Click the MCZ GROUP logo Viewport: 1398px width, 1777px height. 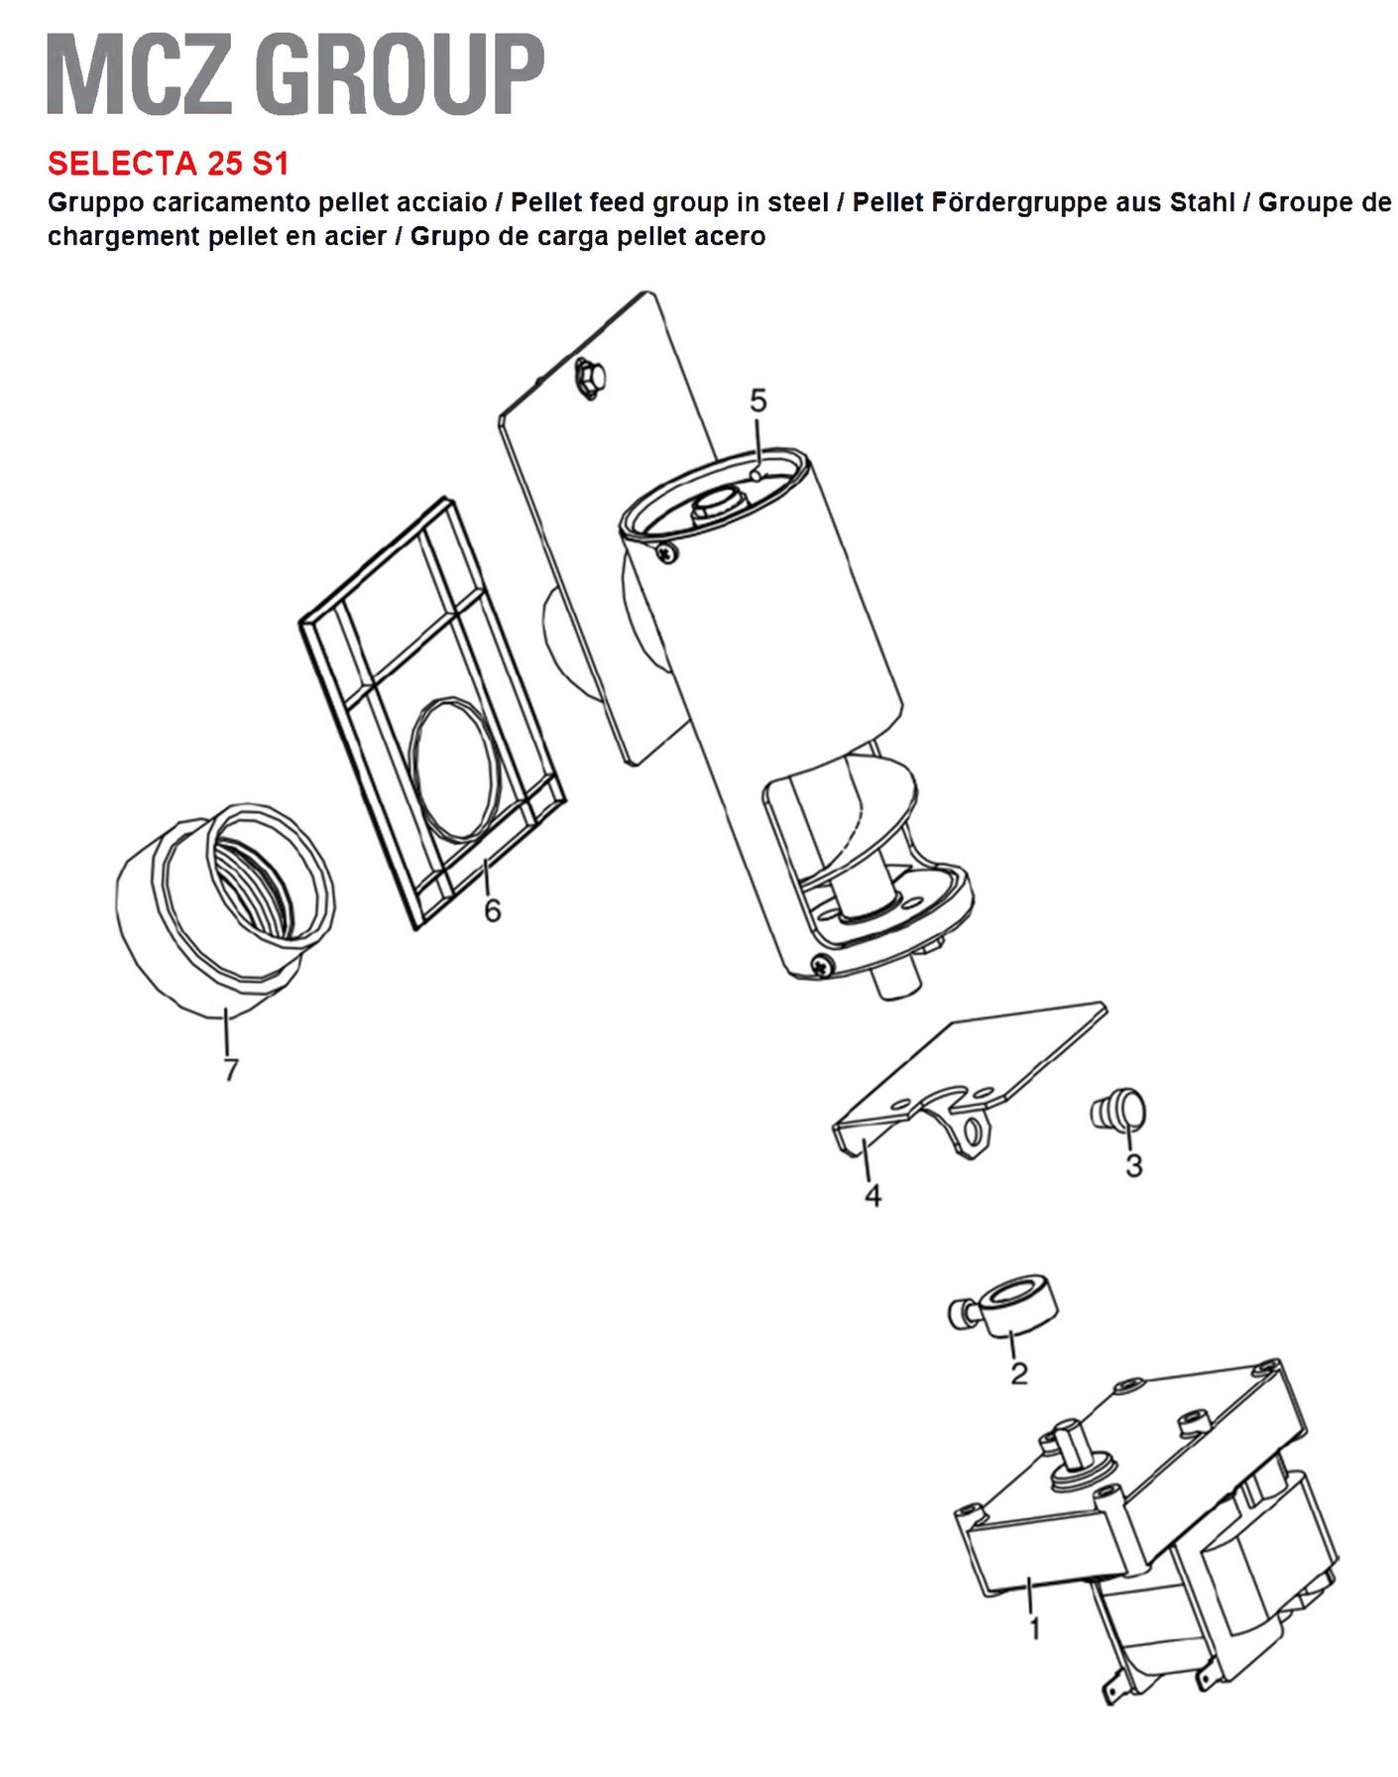point(295,74)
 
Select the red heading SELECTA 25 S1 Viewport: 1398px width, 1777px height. point(169,163)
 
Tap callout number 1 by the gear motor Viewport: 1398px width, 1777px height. point(1034,1628)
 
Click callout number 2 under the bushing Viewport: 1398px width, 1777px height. point(1018,1373)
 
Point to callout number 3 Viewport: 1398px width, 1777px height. point(1134,1165)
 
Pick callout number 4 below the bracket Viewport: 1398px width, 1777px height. point(873,1196)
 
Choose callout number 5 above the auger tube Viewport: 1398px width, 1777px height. point(758,402)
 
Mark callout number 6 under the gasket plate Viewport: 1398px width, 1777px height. point(493,909)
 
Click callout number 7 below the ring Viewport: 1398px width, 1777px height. point(231,1071)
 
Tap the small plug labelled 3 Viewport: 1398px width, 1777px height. point(1117,1110)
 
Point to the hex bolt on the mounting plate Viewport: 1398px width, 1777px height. point(587,379)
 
